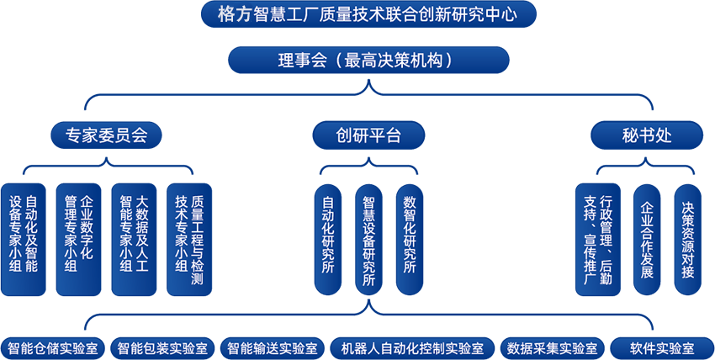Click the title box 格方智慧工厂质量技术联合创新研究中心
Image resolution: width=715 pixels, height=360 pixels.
click(368, 13)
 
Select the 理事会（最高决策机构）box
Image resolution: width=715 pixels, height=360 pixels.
click(368, 60)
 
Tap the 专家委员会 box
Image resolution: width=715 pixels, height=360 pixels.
click(106, 135)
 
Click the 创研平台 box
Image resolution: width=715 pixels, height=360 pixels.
click(368, 135)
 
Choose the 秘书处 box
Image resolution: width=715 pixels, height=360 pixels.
click(646, 135)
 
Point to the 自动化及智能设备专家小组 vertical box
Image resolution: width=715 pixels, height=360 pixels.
click(24, 239)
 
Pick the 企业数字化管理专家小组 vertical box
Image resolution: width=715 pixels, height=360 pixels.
click(79, 239)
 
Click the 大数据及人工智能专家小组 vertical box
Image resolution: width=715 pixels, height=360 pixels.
click(134, 239)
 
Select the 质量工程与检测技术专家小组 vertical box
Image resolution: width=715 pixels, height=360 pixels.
click(189, 239)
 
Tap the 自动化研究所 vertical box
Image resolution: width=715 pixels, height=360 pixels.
click(327, 239)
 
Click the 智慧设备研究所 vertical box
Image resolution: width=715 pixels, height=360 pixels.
click(368, 239)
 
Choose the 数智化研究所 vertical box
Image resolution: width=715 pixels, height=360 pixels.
click(410, 239)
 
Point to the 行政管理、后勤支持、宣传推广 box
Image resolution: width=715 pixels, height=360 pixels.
click(597, 239)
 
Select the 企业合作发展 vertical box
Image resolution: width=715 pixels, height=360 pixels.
click(646, 239)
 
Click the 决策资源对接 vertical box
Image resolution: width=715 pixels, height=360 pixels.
click(687, 239)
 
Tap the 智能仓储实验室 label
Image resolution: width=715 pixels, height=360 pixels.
click(53, 348)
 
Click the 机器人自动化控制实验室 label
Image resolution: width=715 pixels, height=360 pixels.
click(407, 348)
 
